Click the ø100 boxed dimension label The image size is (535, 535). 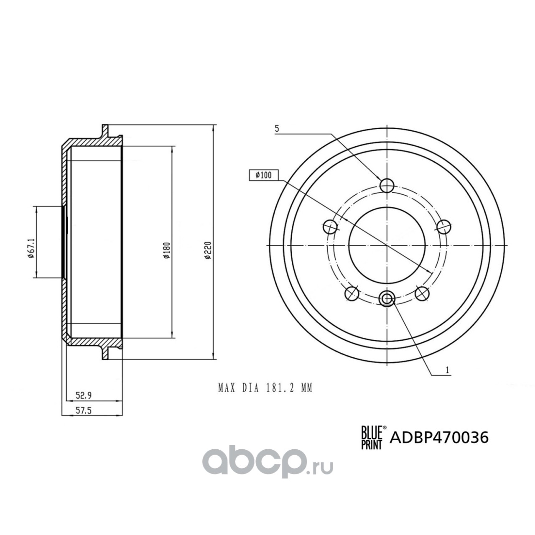[263, 176]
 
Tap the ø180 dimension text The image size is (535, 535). [167, 250]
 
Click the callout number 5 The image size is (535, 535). [276, 129]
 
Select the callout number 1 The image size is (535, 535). [447, 370]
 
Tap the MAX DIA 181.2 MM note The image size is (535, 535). [265, 388]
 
